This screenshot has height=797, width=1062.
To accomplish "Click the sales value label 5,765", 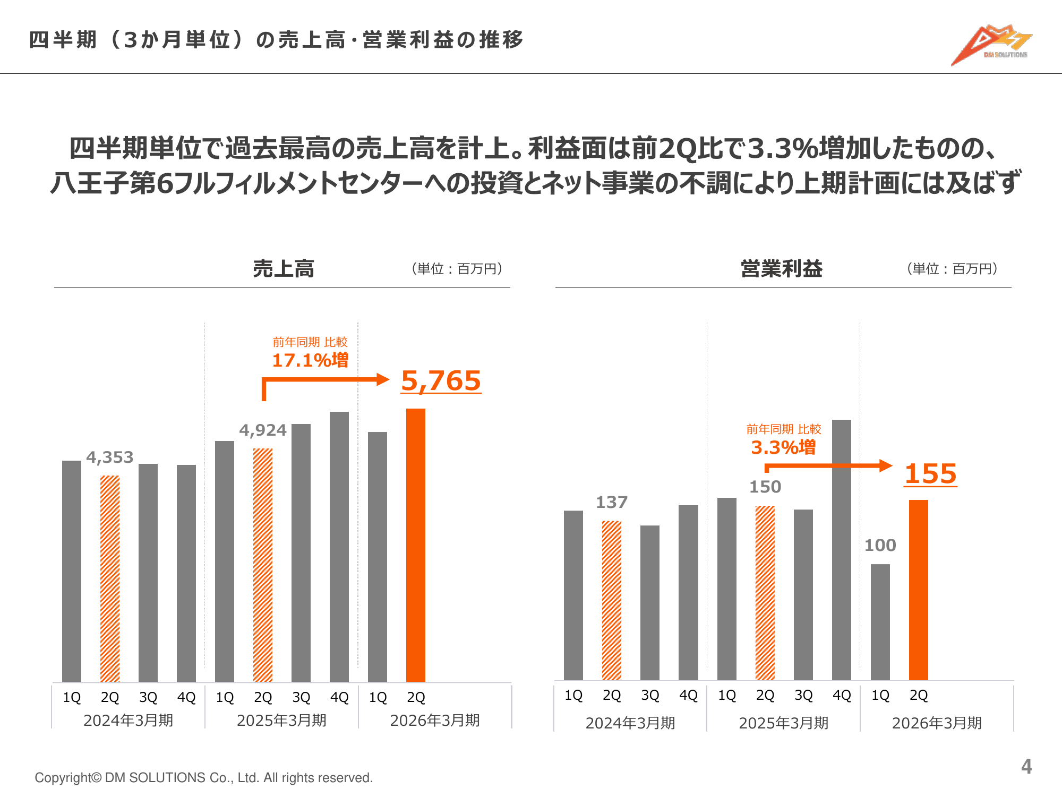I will point(441,381).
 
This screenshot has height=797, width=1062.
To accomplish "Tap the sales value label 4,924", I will point(263,430).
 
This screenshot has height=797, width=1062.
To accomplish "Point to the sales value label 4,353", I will point(110,457).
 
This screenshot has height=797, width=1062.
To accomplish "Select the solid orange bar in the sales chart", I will point(415,545).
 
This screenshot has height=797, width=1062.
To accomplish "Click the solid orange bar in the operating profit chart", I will point(918,590).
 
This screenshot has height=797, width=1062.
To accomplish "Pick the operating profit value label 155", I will point(930,473).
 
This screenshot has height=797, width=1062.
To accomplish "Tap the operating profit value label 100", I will point(880,545).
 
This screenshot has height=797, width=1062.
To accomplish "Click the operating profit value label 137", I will point(612,502).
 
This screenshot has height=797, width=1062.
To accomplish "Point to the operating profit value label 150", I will point(765,487).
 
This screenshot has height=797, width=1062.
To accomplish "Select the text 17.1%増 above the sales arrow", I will point(310,360).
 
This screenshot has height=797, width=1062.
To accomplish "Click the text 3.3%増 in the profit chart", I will point(783,447).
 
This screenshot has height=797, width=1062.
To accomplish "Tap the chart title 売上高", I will point(284,269).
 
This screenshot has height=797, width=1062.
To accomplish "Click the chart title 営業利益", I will point(782,269).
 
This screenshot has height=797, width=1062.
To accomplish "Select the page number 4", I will point(1026,766).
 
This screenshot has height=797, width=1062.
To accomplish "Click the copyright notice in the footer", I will point(204,778).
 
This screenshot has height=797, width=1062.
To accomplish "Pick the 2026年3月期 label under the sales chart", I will point(435,720).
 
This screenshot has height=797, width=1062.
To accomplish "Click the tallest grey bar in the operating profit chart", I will point(842,550).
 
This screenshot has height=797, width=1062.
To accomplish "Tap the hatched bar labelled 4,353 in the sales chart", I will point(110,579).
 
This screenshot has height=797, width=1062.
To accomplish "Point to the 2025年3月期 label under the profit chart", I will point(783,723).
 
